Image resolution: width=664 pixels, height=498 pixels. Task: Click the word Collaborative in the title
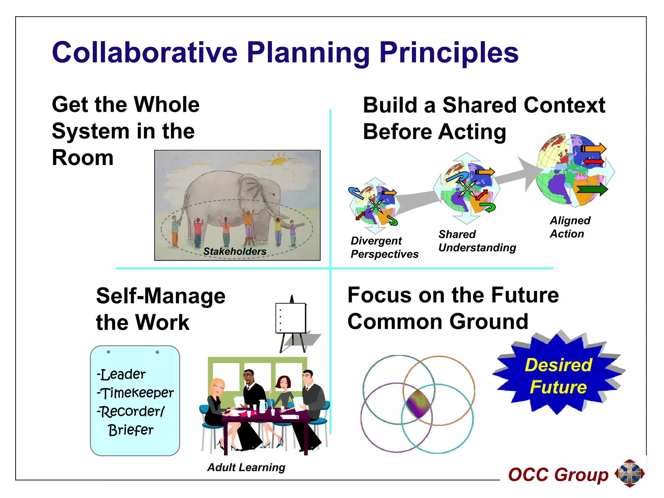145,53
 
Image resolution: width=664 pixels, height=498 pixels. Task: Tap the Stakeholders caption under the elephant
235,251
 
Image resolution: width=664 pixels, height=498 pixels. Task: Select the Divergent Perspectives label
384,247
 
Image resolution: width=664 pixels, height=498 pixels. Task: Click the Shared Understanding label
477,241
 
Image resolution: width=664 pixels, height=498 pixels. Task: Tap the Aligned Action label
570,227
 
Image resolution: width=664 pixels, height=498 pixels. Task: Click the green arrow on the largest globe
592,189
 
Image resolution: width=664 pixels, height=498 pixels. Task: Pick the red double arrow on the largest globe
593,161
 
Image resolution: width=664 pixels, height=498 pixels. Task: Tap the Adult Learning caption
246,467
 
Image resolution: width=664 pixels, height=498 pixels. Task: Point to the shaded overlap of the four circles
418,404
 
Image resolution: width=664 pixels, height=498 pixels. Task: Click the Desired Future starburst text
558,376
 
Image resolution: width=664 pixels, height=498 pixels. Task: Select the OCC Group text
558,475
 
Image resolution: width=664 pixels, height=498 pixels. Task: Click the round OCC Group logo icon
629,473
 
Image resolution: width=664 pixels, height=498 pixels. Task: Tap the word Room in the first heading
83,158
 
